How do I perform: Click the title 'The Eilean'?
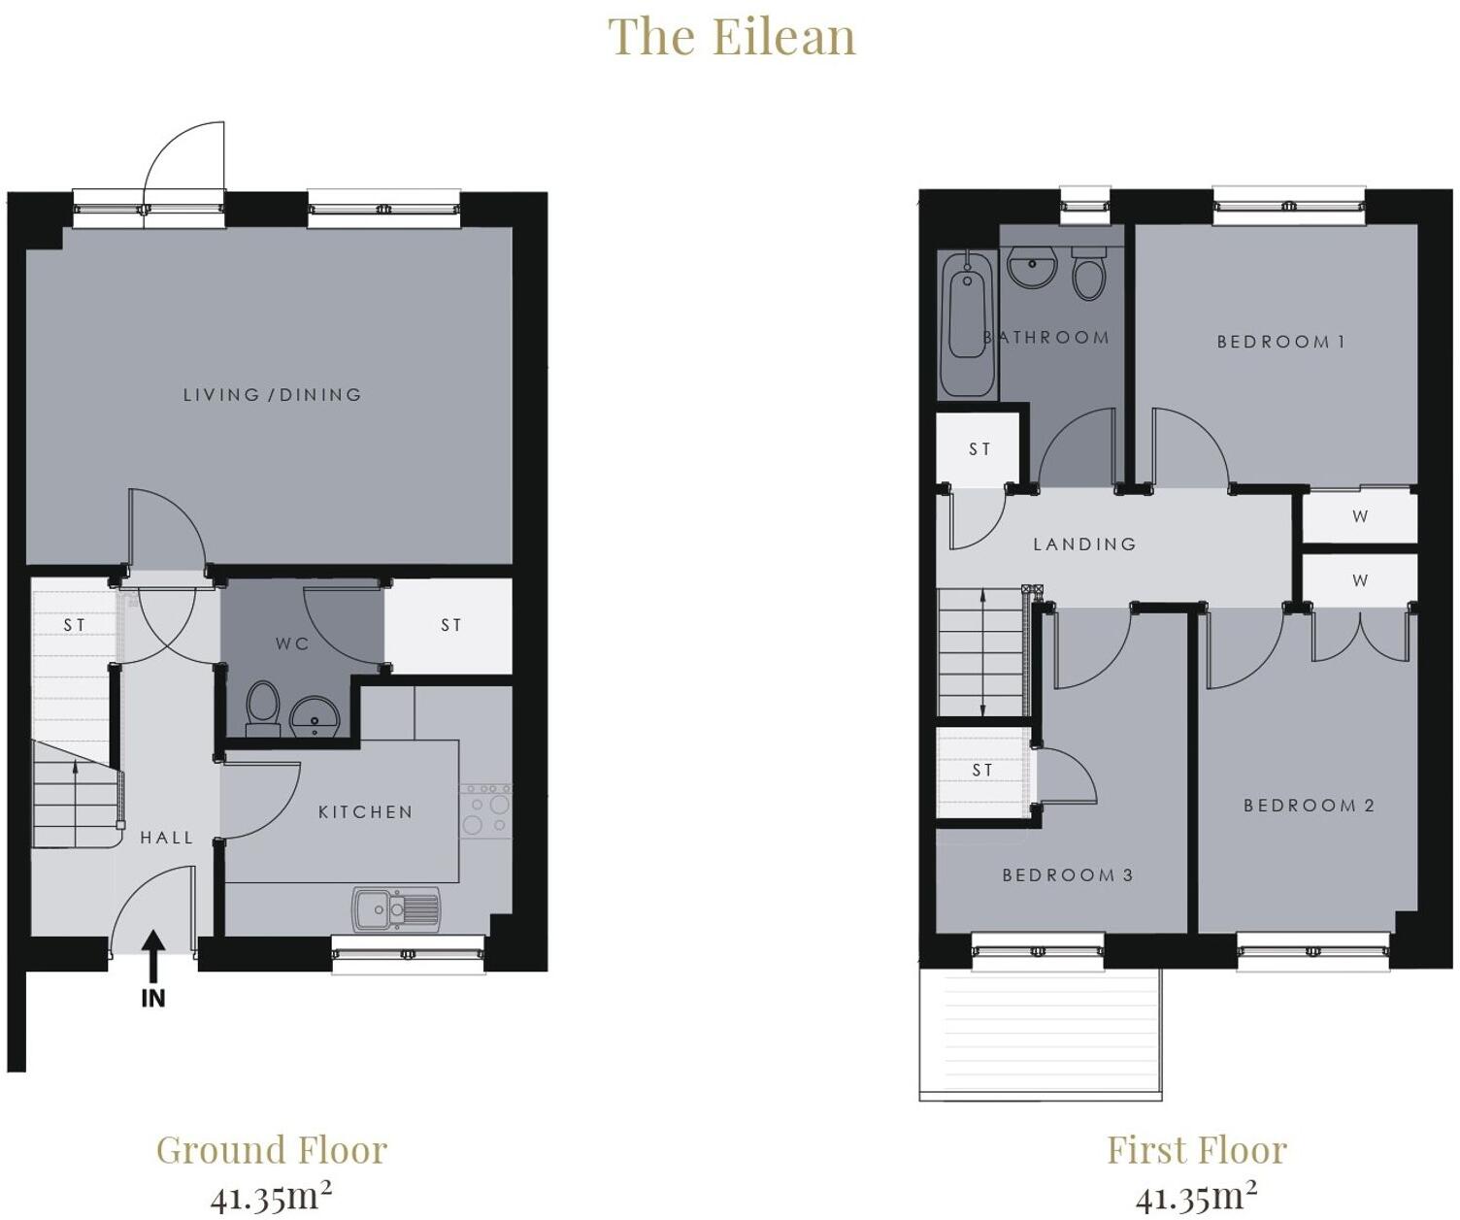coord(731,38)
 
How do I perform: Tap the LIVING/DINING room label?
coord(273,395)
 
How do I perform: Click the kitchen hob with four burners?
coord(485,811)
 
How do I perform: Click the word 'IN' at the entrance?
coord(153,998)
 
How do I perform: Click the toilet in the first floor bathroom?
coord(1089,273)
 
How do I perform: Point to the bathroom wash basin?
coord(1032,267)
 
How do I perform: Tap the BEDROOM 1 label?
coord(1280,342)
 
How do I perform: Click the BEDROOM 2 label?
coord(1309,806)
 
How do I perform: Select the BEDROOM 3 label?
coord(1067,875)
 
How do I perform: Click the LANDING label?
coord(1084,544)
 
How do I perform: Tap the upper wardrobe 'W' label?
coord(1360,516)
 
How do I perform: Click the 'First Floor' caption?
coord(1196,1150)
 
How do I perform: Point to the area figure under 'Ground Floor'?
coord(271,1197)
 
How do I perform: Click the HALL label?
coord(167,838)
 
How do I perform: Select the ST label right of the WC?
coord(451,626)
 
